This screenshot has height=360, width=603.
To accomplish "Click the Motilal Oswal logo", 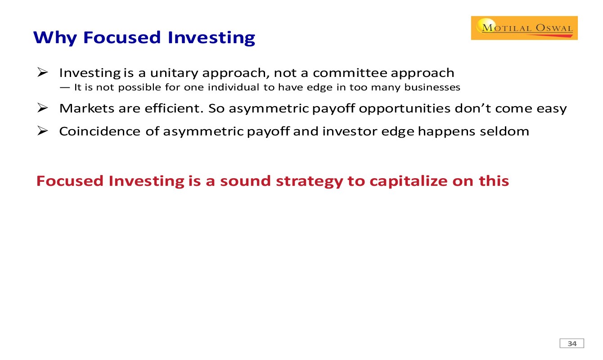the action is tap(524, 28).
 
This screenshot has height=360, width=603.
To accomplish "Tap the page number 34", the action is tap(572, 344).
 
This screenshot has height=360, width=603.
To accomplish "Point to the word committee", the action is tap(350, 73).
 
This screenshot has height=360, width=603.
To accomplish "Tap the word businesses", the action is tap(432, 87).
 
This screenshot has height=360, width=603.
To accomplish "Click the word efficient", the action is tap(174, 108).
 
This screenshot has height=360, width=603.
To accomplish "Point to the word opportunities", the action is tap(405, 109).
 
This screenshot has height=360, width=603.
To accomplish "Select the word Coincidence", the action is tap(100, 131).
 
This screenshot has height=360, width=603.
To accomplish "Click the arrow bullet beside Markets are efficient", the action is tap(43, 108).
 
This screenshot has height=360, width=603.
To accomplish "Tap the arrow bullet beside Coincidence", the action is tap(43, 131).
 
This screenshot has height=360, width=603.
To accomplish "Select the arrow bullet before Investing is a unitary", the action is tap(43, 72).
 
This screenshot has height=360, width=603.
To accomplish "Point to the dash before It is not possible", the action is tap(65, 87).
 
